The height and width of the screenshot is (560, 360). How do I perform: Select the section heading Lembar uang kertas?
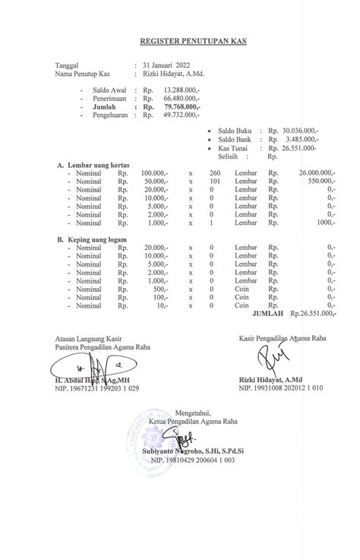[98, 165]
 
